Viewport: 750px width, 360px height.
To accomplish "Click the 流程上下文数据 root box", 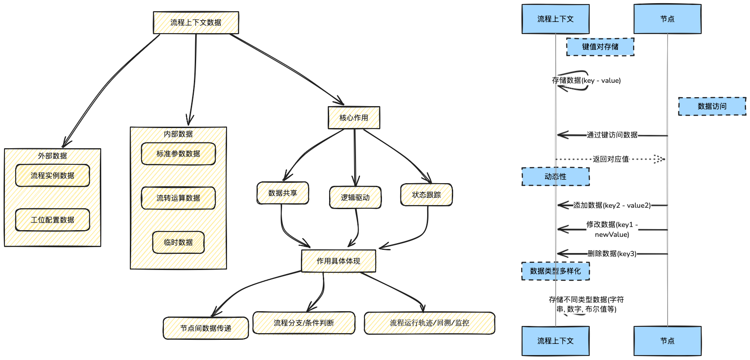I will [196, 23].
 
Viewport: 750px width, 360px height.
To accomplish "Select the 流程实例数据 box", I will [52, 176].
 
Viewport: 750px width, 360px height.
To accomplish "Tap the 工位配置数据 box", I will [52, 220].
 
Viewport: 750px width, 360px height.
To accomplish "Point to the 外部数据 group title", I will [52, 156].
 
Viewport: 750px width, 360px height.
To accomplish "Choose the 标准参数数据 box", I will [178, 154].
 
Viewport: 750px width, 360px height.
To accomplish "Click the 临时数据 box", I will [178, 242].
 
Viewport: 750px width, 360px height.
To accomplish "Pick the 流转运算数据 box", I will [178, 198].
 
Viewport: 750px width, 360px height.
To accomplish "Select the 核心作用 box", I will [354, 118].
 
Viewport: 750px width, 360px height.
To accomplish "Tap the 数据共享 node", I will [283, 193].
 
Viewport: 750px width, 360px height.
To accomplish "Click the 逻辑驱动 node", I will [355, 197].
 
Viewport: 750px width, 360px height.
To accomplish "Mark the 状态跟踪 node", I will [426, 195].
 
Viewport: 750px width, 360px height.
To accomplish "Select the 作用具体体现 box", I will [339, 261].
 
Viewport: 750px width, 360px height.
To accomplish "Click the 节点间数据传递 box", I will [206, 328].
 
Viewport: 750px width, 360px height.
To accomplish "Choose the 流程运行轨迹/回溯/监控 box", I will [429, 323].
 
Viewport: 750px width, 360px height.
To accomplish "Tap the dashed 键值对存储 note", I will [600, 47].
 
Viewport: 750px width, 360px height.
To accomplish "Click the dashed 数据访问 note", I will [712, 106].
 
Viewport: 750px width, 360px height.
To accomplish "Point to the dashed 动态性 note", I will [555, 176].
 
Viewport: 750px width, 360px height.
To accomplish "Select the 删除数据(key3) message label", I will [612, 253].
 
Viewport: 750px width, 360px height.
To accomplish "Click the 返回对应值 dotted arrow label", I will [611, 159].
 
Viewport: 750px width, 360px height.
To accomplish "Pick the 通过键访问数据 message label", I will [612, 135].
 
